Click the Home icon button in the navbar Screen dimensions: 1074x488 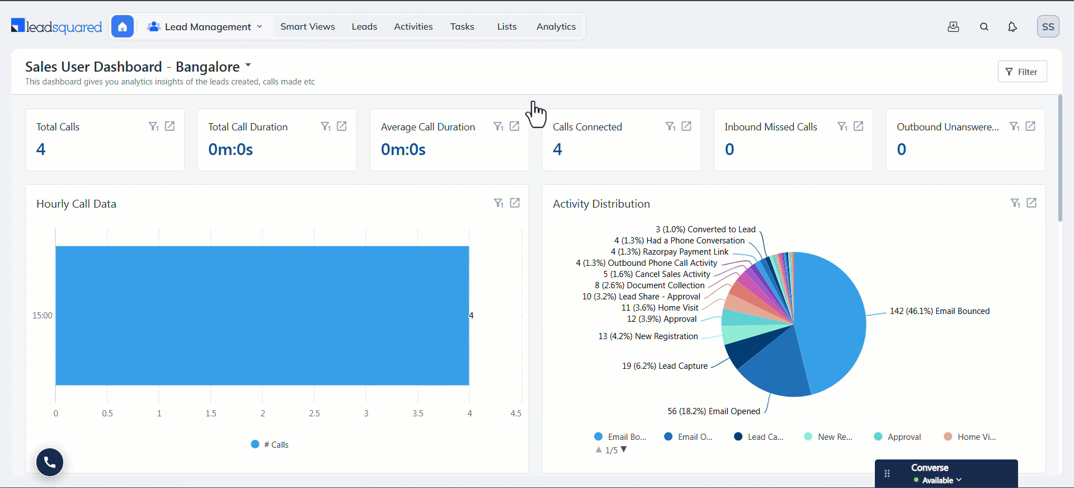[x=123, y=26]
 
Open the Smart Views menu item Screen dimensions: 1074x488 [x=308, y=26]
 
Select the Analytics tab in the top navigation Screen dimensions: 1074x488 [x=556, y=26]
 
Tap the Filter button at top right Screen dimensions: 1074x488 [x=1022, y=72]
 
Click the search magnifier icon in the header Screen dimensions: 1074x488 [x=984, y=27]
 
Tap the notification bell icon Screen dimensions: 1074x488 [x=1012, y=27]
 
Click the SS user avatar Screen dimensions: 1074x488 [x=1048, y=26]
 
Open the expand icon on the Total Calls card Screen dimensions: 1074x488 [x=170, y=126]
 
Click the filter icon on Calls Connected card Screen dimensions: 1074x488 [x=670, y=126]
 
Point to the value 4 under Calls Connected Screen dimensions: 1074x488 [x=558, y=149]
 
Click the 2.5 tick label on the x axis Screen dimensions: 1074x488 [x=314, y=414]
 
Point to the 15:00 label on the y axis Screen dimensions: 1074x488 [x=43, y=316]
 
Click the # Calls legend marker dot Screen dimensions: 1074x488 [x=255, y=444]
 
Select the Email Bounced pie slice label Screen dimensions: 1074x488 [x=940, y=311]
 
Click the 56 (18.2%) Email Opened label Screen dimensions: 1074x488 [x=714, y=411]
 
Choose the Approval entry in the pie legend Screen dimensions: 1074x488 [x=897, y=437]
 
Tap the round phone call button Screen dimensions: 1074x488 [x=50, y=462]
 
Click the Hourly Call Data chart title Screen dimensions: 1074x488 [x=76, y=204]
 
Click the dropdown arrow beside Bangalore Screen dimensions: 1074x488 [x=248, y=65]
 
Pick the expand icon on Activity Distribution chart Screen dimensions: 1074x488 [x=1031, y=203]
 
